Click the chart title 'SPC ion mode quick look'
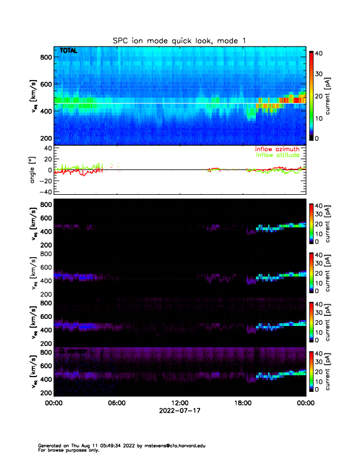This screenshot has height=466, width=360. [180, 41]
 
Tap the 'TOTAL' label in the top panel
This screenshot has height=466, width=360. [69, 52]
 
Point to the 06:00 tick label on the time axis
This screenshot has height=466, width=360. [117, 403]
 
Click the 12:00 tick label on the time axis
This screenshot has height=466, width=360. [180, 403]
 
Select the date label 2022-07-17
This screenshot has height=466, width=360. [180, 411]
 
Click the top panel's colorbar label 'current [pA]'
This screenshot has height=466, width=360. [334, 95]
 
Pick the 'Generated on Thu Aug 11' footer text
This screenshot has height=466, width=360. [65, 445]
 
